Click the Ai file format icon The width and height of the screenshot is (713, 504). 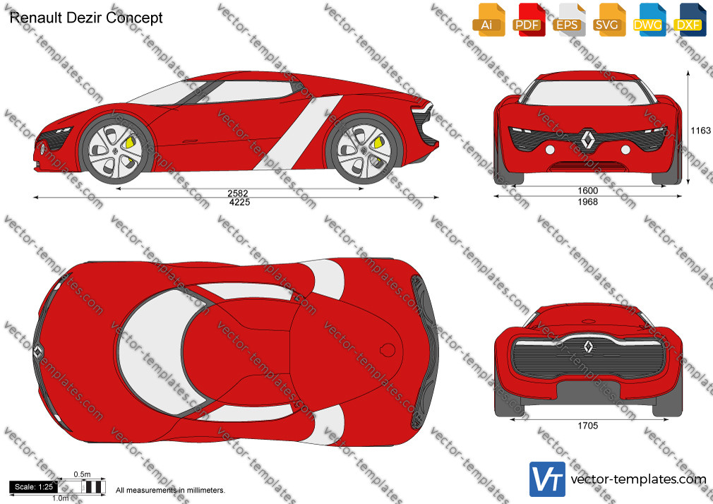(x=489, y=20)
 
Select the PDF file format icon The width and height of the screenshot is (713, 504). (x=529, y=20)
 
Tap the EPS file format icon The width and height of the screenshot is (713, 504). (x=569, y=20)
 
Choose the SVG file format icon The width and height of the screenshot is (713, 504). (x=609, y=20)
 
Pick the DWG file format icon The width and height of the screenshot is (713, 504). (x=649, y=20)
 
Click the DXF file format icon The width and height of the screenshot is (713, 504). (x=690, y=20)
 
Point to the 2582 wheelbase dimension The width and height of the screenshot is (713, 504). (x=238, y=193)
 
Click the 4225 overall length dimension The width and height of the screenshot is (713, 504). (x=239, y=203)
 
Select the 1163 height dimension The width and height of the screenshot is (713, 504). (x=700, y=131)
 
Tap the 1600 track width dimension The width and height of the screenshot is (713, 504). (x=588, y=191)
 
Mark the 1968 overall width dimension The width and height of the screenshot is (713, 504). (x=588, y=201)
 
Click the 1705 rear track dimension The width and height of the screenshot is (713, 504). (x=588, y=426)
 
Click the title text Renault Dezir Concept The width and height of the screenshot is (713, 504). (x=86, y=18)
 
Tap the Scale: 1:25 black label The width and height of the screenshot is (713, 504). (x=34, y=487)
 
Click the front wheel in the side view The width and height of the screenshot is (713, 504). (x=115, y=149)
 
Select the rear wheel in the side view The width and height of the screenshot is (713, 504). (x=364, y=149)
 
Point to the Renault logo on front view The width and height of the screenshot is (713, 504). (x=588, y=139)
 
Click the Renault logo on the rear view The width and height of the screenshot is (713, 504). (x=588, y=347)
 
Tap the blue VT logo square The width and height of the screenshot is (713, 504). (x=547, y=479)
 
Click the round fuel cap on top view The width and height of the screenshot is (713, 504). (x=388, y=350)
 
